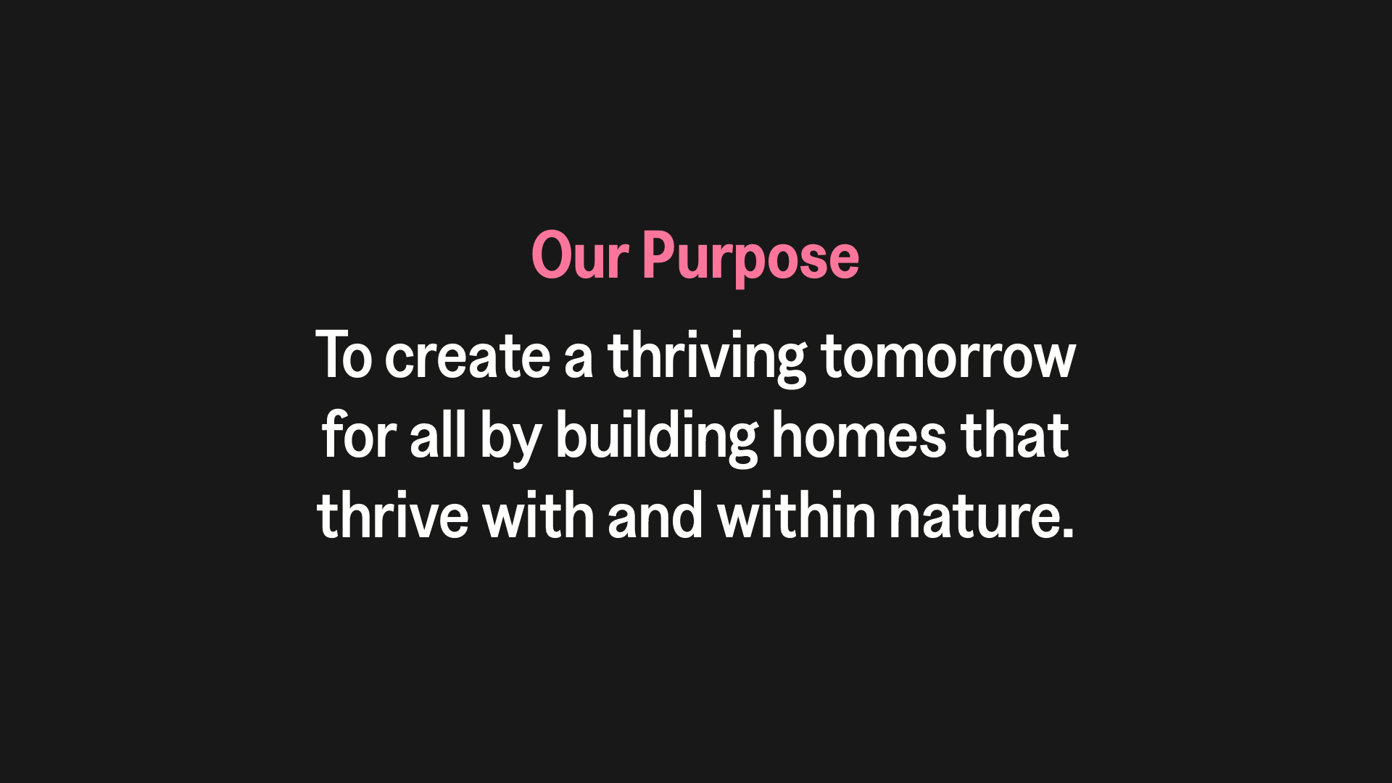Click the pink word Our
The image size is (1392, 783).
[580, 255]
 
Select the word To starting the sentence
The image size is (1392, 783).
[344, 355]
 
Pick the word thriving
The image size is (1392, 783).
[707, 358]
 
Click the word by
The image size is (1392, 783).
[510, 438]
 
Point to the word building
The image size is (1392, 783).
[657, 438]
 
